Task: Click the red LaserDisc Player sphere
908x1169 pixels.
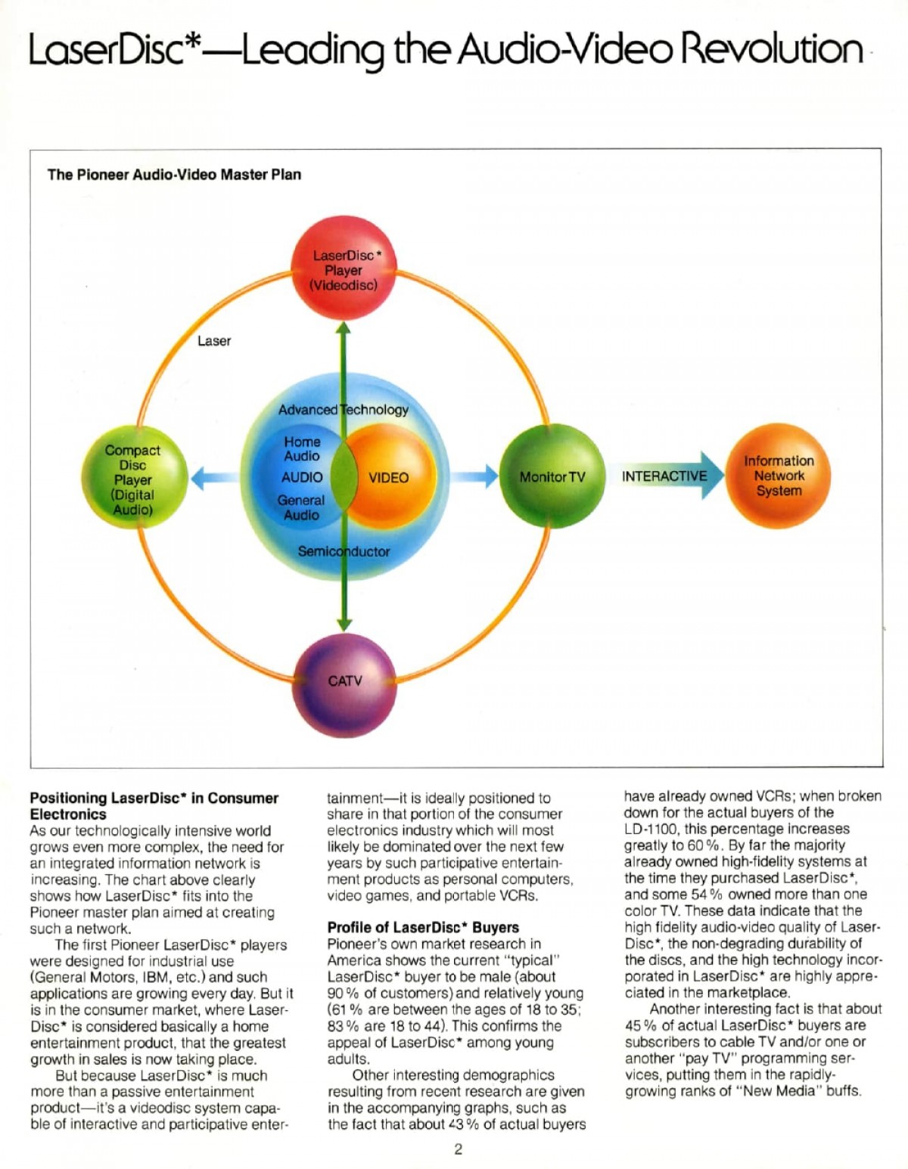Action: pos(344,268)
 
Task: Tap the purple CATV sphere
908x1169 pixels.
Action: pos(344,684)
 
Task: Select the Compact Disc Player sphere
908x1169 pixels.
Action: pos(135,478)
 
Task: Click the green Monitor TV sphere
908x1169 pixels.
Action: pos(552,476)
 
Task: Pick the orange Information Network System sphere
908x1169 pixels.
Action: pos(779,476)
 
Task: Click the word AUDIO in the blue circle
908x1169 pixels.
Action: pos(302,477)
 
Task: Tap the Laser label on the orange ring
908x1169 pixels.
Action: pos(213,340)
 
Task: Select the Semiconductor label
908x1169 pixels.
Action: pos(344,551)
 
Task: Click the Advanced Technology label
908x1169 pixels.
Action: pos(344,410)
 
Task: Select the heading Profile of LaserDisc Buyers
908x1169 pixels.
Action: pos(423,927)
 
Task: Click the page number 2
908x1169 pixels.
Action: pos(458,1149)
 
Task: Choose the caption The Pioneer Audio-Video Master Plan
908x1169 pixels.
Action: pos(174,175)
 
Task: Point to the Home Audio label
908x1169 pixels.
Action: pos(302,448)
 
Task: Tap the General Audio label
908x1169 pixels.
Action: pos(301,508)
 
